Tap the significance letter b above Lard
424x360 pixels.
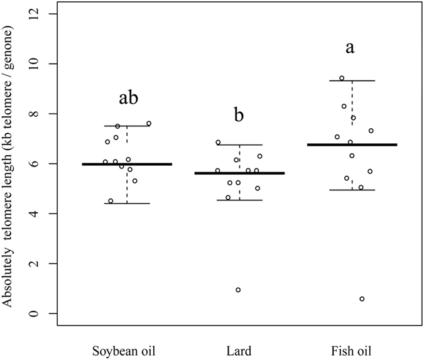click(x=239, y=116)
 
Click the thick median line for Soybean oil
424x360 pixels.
click(x=127, y=164)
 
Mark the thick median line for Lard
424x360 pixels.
click(x=239, y=173)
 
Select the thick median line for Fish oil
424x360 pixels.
click(x=352, y=145)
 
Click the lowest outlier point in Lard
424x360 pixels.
click(x=238, y=290)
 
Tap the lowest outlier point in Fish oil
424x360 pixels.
click(x=362, y=299)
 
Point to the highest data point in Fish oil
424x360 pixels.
click(x=342, y=78)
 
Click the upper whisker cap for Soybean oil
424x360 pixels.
click(x=127, y=126)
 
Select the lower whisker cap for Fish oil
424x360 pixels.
click(x=352, y=190)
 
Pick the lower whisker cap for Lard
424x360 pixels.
click(x=239, y=200)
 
